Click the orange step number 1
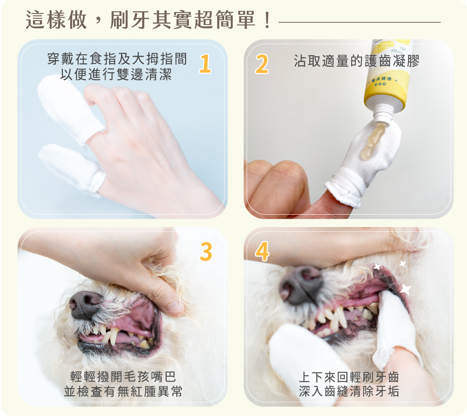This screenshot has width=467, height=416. click(x=205, y=64)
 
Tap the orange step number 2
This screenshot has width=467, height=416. click(x=262, y=64)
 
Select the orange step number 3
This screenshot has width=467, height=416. click(x=206, y=251)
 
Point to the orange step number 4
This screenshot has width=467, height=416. click(x=262, y=251)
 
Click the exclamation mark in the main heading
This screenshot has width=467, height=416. click(x=267, y=20)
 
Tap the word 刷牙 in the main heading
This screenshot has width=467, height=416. click(x=130, y=20)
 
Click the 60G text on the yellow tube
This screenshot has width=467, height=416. click(x=381, y=84)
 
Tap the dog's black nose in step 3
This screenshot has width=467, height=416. click(x=85, y=304)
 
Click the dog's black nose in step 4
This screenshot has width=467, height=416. click(x=301, y=284)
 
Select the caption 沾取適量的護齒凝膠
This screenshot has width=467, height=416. click(x=356, y=61)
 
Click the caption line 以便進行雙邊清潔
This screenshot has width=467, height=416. click(x=116, y=75)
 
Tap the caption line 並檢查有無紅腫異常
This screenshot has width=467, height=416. click(x=123, y=391)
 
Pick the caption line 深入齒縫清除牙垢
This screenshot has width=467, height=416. click(x=349, y=391)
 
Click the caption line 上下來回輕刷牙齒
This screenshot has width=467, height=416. click(x=349, y=377)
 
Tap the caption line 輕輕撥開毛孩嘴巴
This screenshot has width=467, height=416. click(x=123, y=377)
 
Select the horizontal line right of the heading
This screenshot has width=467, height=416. click(x=359, y=23)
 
